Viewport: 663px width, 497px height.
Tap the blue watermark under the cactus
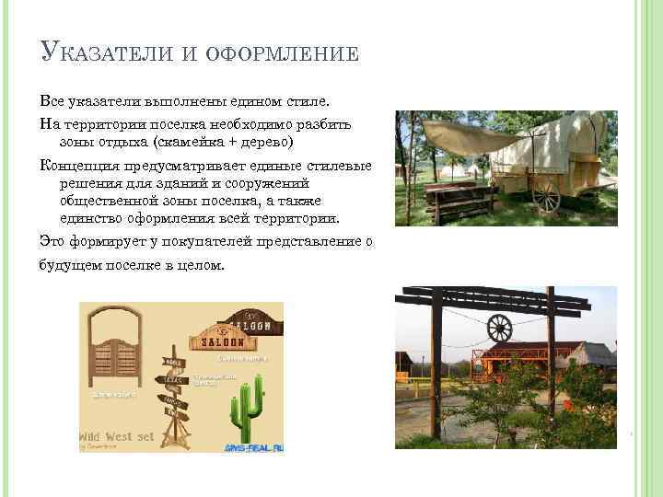(x=252, y=448)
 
